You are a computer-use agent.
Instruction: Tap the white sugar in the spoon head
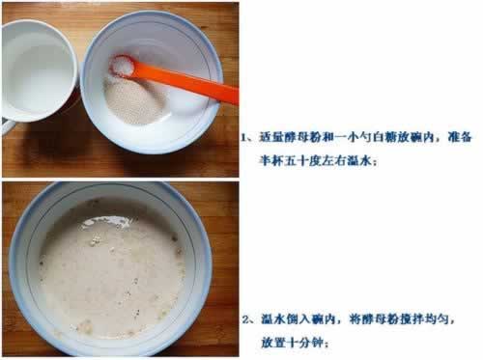123,66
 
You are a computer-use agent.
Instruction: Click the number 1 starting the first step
244,138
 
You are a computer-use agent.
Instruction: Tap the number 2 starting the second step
245,319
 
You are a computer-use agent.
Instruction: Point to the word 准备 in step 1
460,137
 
